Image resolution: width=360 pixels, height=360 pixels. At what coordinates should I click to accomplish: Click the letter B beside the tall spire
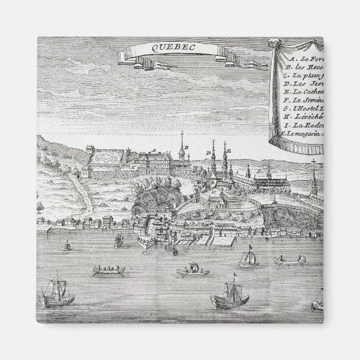187,147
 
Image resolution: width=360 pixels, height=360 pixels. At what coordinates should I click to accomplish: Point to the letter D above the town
207,152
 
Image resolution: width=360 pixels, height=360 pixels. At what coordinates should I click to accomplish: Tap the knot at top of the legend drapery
277,42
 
